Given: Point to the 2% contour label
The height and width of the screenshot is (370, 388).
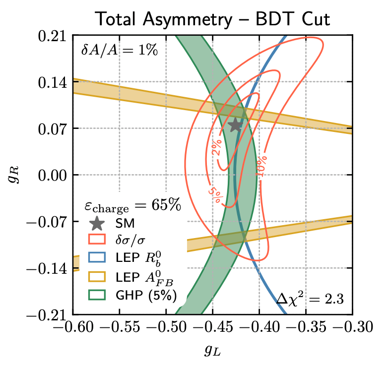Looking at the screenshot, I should coord(217,150).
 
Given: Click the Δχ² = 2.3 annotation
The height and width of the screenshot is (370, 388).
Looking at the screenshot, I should coord(310,299).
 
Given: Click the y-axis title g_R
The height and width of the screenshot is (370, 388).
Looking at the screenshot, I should coord(14,175).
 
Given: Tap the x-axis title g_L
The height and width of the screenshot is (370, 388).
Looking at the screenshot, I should coord(212,351).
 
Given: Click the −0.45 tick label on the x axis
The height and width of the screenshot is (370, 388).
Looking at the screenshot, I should coord(212,327).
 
